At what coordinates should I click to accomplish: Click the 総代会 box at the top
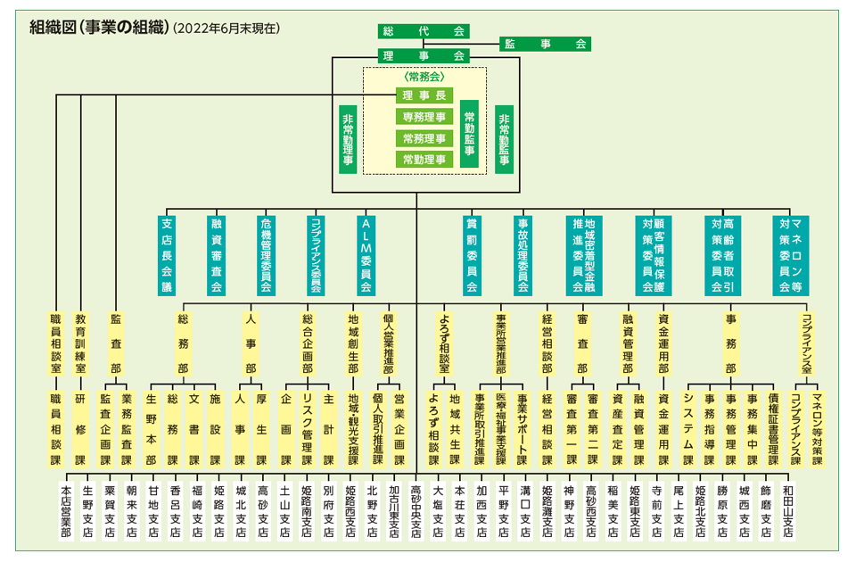tap(423, 31)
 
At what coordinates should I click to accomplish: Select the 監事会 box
tap(545, 45)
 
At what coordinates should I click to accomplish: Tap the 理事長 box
tap(424, 95)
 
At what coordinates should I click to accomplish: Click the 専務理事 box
tap(424, 117)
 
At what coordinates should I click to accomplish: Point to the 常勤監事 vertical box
tap(470, 134)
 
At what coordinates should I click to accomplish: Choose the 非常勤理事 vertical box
tap(348, 139)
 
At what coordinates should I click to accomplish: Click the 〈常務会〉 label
tap(424, 77)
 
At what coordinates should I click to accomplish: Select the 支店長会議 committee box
tap(167, 256)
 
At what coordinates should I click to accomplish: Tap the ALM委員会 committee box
tap(366, 256)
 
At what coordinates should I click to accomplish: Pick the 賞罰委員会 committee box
tap(472, 256)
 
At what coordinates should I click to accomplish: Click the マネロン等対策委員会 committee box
tap(791, 256)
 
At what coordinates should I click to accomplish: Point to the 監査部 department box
tap(116, 343)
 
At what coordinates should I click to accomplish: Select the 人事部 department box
tap(251, 343)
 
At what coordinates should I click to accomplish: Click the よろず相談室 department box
tap(444, 343)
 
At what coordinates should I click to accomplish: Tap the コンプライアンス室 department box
tap(806, 343)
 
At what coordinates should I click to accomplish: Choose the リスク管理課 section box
tap(308, 429)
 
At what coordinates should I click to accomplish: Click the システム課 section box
tap(687, 429)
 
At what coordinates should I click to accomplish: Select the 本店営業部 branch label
tap(66, 511)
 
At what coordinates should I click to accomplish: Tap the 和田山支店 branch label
tap(787, 511)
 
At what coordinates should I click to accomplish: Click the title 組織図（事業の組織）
tap(98, 28)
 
